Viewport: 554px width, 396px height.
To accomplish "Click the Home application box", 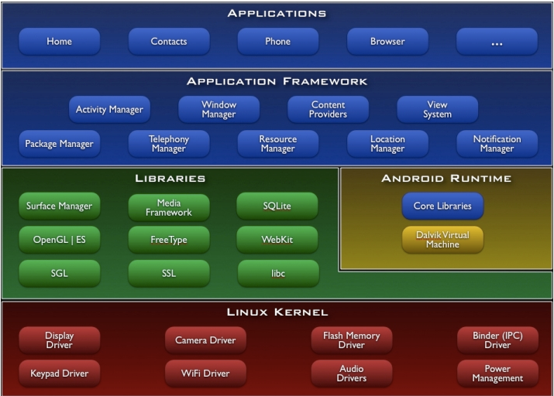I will point(59,42).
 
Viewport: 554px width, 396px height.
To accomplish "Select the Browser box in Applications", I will point(387,42).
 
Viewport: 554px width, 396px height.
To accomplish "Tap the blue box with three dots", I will point(497,42).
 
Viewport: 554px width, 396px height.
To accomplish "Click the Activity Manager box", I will point(109,110).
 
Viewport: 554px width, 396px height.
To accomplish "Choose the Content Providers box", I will point(328,110).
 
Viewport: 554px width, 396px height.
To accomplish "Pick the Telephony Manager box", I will point(169,144).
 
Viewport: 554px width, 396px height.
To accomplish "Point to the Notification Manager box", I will point(497,144).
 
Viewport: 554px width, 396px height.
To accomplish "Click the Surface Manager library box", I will point(59,207).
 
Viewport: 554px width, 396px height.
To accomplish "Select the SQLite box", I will point(277,207).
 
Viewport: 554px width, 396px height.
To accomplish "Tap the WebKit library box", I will point(277,240).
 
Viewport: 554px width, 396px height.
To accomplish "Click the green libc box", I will point(277,274).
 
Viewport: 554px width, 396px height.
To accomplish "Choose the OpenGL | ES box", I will point(59,240).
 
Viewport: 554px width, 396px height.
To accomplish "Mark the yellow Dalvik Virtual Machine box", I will point(442,240).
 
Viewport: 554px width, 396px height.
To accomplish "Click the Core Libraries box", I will point(442,207).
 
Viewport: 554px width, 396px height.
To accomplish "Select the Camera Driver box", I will point(205,340).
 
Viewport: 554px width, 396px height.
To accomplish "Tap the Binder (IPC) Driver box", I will point(497,340).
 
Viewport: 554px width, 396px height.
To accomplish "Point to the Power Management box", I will point(497,374).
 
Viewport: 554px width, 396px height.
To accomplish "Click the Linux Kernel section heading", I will point(277,312).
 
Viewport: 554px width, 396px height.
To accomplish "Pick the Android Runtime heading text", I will point(446,179).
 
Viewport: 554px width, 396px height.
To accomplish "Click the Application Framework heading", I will point(277,81).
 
